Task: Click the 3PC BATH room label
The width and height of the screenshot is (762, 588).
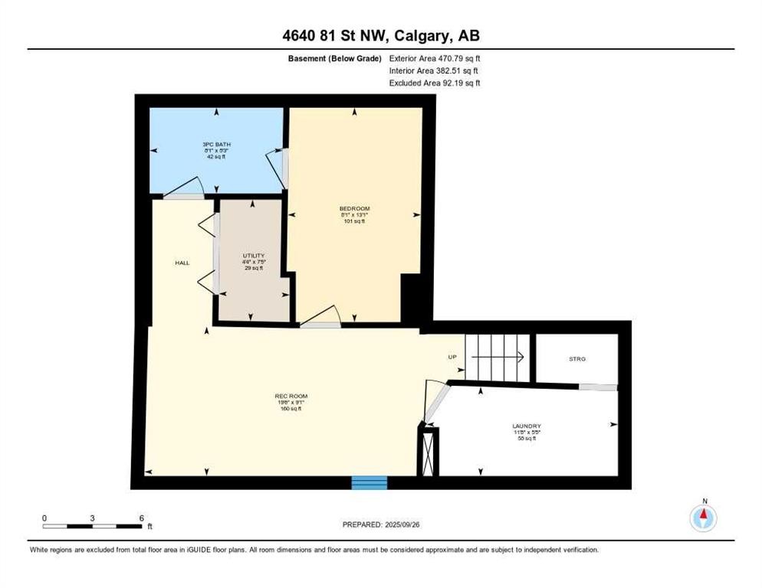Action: tap(216, 144)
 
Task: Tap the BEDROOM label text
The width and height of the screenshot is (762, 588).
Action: tap(354, 209)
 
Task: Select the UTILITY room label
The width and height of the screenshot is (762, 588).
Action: tap(253, 256)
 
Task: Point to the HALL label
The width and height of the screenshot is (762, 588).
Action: tap(182, 263)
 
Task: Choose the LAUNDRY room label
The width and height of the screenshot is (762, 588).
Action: tap(527, 426)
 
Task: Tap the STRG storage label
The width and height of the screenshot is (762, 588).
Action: tap(577, 358)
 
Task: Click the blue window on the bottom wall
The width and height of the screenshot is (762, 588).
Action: tap(370, 482)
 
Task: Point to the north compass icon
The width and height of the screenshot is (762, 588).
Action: tap(703, 518)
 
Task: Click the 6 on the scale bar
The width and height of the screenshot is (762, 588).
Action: tap(142, 518)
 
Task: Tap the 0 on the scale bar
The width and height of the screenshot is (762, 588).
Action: tap(44, 518)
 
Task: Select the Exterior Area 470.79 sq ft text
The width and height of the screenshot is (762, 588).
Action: tap(435, 58)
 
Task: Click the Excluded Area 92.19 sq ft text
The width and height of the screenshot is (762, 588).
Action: tap(435, 83)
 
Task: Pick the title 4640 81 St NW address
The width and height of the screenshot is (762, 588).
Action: tap(381, 35)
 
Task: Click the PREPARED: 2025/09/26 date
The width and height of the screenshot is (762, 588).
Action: tap(381, 524)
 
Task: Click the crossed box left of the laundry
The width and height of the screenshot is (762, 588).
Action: tap(428, 452)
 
